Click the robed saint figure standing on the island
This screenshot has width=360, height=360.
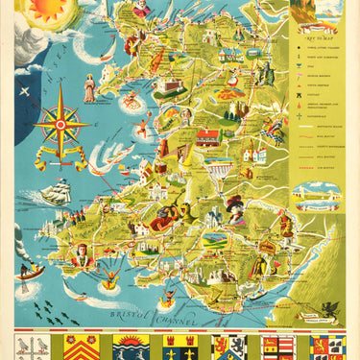(89, 89)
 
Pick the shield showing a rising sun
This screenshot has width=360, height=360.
(132, 346)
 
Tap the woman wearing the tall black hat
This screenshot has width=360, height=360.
(233, 205)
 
